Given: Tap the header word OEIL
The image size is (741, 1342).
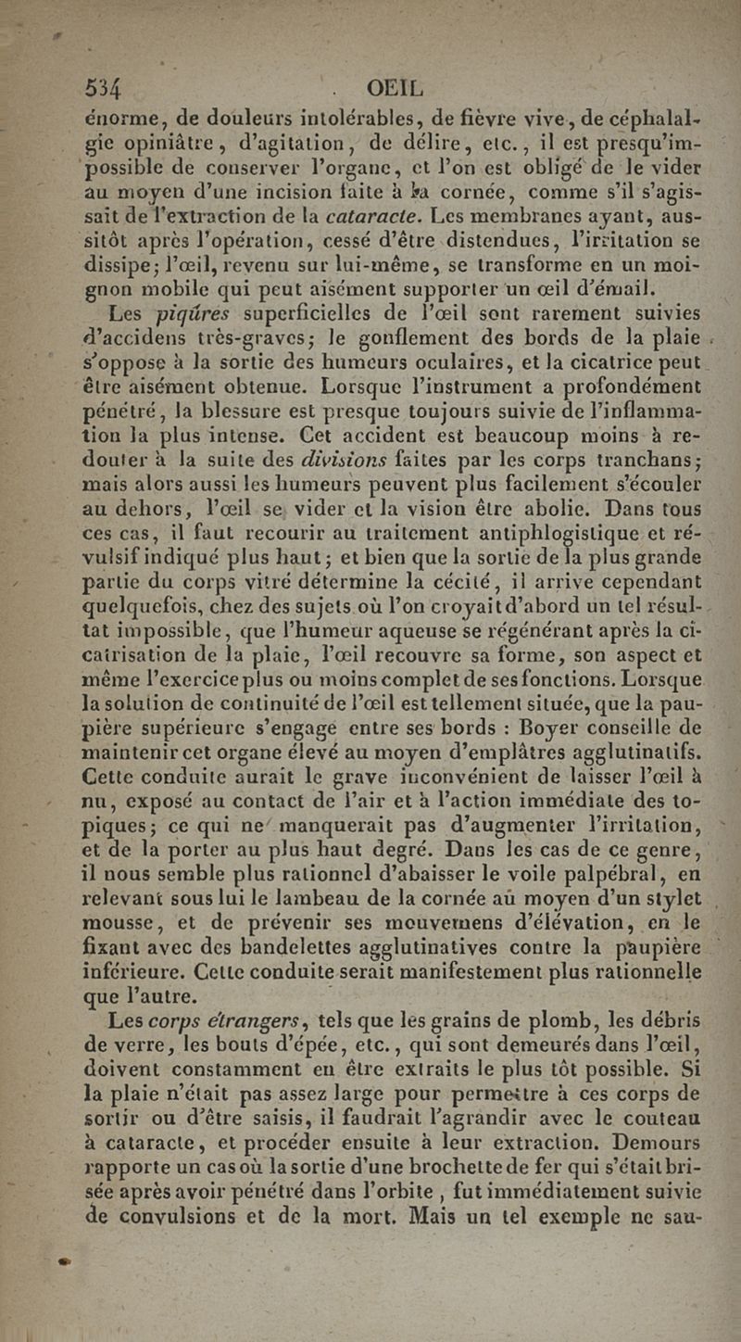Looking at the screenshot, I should [395, 90].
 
